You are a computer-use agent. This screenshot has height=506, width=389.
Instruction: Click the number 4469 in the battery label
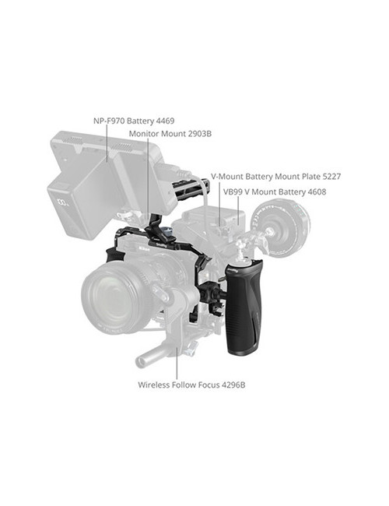tap(163, 121)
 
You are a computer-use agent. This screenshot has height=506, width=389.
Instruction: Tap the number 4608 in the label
tap(314, 191)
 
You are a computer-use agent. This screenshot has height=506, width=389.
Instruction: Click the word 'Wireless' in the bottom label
tap(156, 385)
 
